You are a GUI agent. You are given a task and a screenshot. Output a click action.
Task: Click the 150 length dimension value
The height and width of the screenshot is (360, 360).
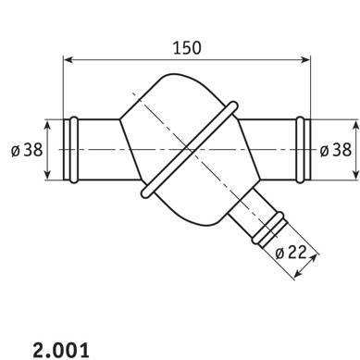pos(187,48)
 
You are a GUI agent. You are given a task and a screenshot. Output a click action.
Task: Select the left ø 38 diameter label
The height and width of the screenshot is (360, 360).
pos(27,150)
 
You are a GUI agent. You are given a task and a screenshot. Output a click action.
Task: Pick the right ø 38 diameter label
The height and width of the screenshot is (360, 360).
pos(336,150)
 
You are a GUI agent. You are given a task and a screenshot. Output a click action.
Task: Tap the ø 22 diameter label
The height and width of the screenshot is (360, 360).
pos(291,253)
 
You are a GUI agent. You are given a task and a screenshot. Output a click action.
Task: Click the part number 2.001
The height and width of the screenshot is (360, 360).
pos(61,350)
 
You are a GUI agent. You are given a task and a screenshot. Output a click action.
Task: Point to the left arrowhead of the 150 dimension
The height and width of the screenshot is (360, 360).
pos(68,59)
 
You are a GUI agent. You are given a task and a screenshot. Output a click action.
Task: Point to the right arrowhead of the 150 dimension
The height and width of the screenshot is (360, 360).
pos(304,59)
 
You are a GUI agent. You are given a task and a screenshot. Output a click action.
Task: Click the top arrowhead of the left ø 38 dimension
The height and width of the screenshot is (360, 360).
pos(47,126)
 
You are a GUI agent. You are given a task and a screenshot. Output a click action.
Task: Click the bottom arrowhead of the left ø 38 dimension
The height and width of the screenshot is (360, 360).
pos(47,174)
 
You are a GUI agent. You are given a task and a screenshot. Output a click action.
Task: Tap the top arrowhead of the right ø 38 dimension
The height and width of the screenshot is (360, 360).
pos(355,126)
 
